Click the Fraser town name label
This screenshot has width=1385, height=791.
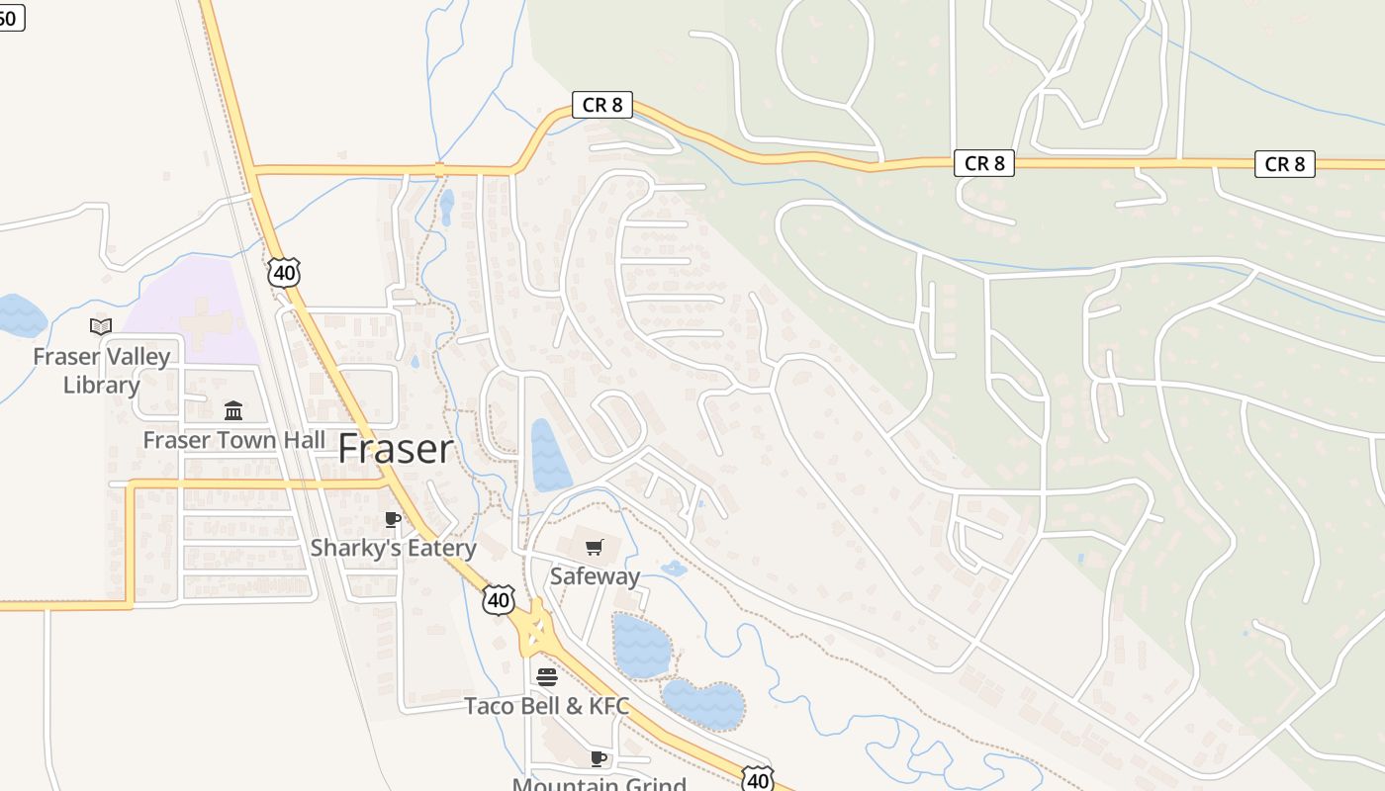(396, 450)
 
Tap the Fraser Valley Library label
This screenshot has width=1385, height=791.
(101, 370)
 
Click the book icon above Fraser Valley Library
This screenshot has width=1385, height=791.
(101, 326)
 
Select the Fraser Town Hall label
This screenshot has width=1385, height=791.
(233, 440)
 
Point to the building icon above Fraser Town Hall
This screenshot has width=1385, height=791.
(233, 410)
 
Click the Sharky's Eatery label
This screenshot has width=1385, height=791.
(393, 547)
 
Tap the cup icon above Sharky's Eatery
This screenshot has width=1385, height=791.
(393, 519)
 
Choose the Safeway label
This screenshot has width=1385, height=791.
(595, 575)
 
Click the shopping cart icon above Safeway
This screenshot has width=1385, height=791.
(594, 547)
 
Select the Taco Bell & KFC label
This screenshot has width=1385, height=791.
(546, 706)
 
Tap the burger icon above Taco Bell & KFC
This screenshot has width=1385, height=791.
(546, 677)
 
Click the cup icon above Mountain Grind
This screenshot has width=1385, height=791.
(598, 758)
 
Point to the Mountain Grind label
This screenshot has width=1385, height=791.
(599, 784)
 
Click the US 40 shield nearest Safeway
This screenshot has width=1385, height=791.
(500, 598)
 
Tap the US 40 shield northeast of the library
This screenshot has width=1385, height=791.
(284, 273)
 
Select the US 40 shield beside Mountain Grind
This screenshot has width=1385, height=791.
(758, 779)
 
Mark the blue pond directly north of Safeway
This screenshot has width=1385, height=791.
(549, 455)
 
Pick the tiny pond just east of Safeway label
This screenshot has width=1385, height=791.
(674, 569)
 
